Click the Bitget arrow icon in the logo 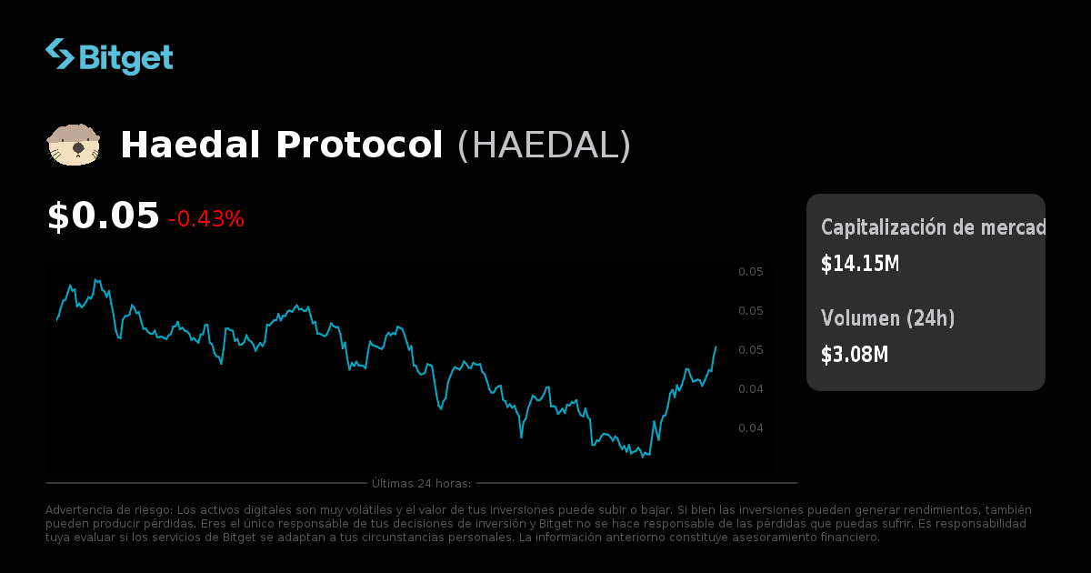click(60, 54)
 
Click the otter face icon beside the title click(73, 146)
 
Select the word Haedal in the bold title click(191, 146)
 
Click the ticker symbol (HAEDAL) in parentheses click(544, 146)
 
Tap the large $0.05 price click(103, 216)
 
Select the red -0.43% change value click(206, 219)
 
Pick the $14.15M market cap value click(860, 264)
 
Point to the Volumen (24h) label click(888, 318)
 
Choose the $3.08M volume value click(855, 355)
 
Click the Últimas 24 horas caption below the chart click(421, 483)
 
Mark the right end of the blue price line click(716, 347)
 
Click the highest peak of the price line click(95, 279)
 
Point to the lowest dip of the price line click(643, 456)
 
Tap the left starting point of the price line click(56, 320)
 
